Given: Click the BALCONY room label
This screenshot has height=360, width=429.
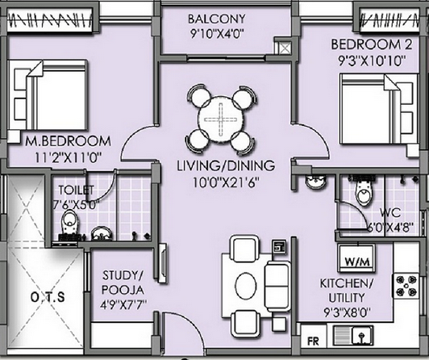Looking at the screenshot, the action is click(216, 19).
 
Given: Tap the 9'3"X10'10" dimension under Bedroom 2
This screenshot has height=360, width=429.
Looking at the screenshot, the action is click(372, 61).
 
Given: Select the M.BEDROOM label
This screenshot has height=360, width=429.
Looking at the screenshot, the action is click(68, 141).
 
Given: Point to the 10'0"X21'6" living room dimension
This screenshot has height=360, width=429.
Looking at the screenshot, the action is click(226, 182).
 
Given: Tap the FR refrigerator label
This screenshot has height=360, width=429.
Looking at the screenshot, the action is click(313, 341).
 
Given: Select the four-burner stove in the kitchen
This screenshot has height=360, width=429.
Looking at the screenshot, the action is click(406, 286).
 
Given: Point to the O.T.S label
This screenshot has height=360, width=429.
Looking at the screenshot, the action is click(48, 297).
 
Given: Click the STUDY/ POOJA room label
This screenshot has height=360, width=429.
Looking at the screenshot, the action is click(123, 283).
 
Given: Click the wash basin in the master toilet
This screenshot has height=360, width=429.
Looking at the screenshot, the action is click(102, 233).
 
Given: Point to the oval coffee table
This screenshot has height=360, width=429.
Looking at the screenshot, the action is click(246, 286).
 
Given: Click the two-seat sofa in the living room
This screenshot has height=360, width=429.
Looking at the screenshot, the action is click(277, 286).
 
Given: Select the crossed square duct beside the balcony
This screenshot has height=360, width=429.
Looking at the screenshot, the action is click(285, 48).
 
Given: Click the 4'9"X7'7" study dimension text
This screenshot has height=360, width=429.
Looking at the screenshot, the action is click(123, 305).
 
